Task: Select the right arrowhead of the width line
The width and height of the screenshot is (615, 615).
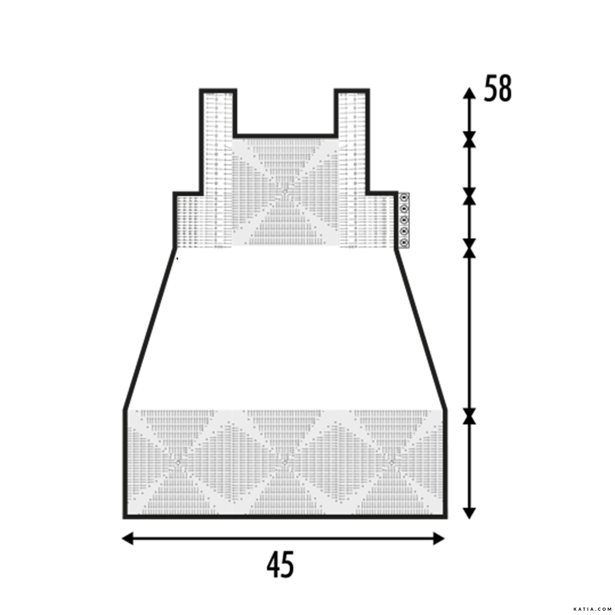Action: coord(439,539)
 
